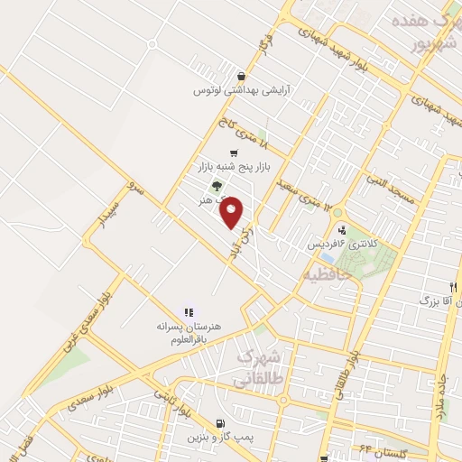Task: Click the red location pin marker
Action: [x=232, y=212]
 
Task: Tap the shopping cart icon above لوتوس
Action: [x=240, y=77]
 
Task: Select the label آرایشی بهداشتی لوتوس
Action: [x=232, y=91]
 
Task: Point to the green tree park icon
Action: [x=216, y=186]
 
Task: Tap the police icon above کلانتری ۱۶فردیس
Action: [x=341, y=230]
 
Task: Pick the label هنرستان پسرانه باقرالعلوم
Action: [x=190, y=330]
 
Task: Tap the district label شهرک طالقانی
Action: [x=261, y=367]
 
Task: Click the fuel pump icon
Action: [x=221, y=422]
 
